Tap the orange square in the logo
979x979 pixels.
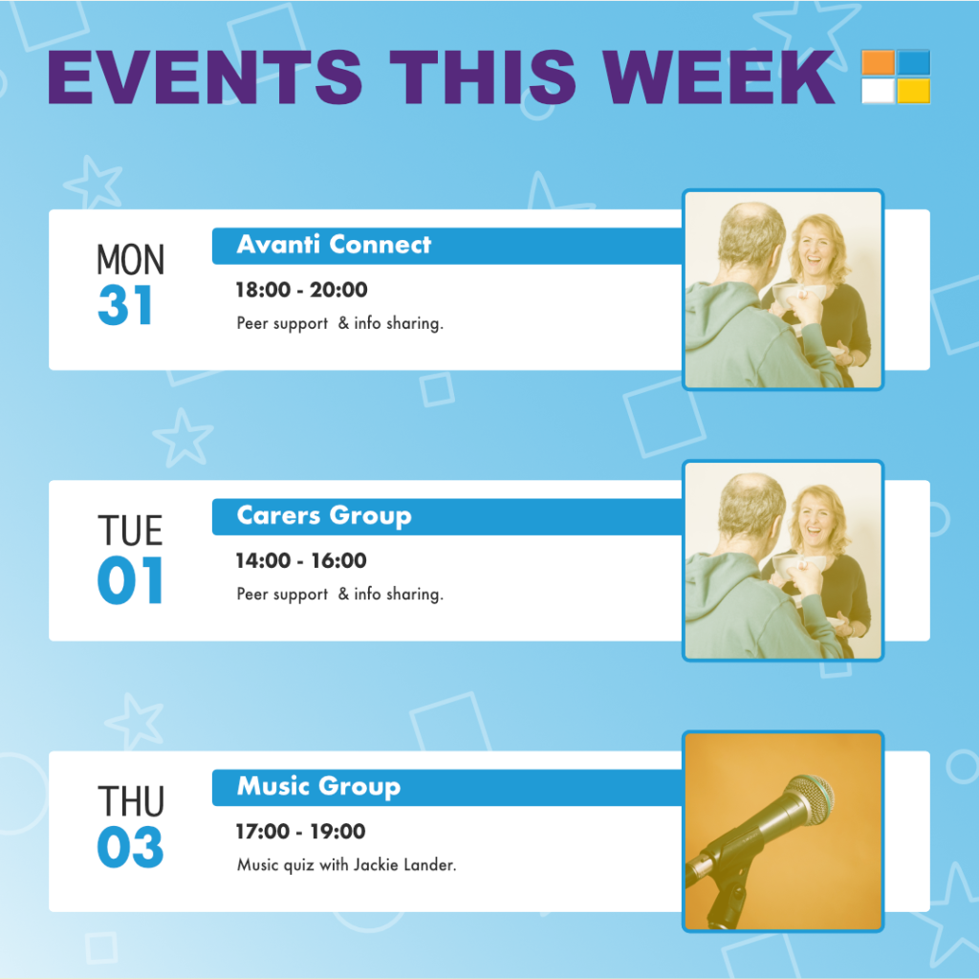coord(878,62)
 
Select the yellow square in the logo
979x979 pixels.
coord(913,91)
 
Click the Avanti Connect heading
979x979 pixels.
coord(334,244)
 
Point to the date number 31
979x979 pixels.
coord(125,305)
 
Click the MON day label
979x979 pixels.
coord(130,260)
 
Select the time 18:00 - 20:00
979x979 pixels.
coord(301,290)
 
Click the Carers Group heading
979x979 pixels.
coord(324,515)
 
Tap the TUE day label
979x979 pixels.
coord(130,531)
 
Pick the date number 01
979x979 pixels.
coord(130,580)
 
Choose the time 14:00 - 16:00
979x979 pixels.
coord(301,560)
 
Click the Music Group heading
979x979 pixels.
coord(319,787)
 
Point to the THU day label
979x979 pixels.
coord(131,801)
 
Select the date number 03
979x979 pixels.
coord(130,847)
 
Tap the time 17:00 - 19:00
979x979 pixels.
coord(300,832)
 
